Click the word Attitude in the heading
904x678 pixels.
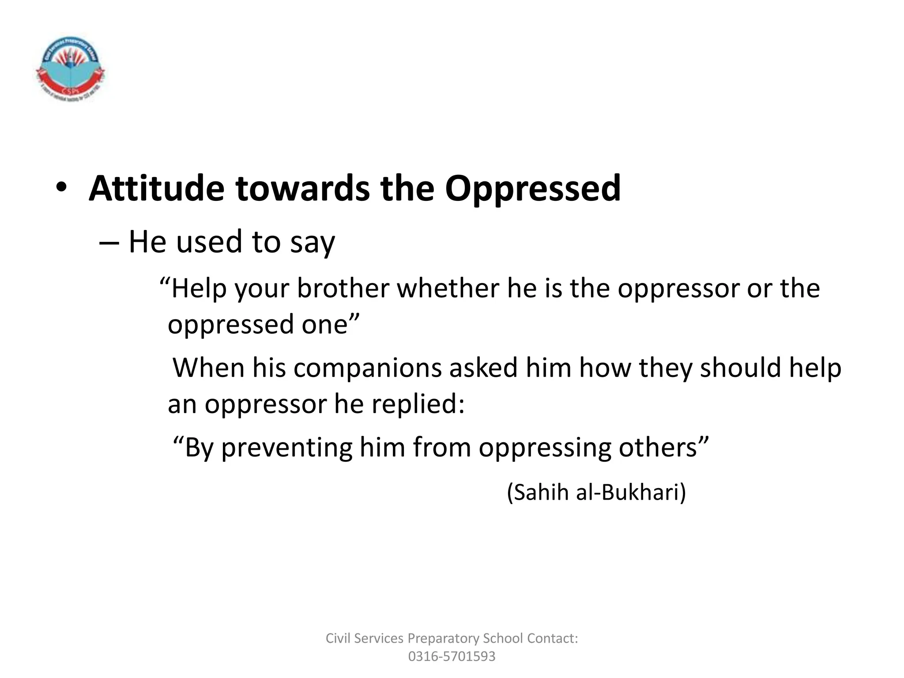[156, 189]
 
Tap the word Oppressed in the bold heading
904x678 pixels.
[532, 189]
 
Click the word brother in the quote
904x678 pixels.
[343, 289]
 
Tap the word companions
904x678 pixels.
[367, 368]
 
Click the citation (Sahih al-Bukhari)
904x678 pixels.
[596, 492]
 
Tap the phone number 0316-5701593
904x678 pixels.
[452, 656]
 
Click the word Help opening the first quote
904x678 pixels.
[198, 289]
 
